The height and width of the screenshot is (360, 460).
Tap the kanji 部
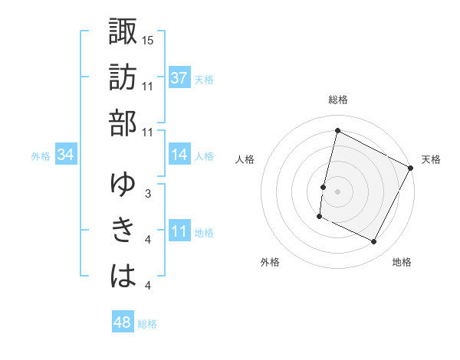click(123, 123)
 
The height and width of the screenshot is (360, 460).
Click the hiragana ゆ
click(123, 185)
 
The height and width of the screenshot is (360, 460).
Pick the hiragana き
click(123, 231)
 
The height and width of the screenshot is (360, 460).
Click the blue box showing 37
click(179, 77)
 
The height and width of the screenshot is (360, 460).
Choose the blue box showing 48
click(122, 322)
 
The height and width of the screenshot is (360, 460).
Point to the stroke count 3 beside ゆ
click(147, 193)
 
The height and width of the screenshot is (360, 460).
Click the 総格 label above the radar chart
click(337, 100)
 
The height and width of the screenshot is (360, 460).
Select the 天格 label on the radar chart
click(432, 159)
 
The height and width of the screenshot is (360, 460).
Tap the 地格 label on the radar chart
click(402, 263)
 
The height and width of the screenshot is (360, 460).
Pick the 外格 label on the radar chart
click(270, 263)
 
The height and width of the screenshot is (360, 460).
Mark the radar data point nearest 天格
click(411, 168)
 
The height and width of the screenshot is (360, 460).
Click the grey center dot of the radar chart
click(337, 191)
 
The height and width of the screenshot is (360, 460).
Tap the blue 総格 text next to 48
click(147, 324)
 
